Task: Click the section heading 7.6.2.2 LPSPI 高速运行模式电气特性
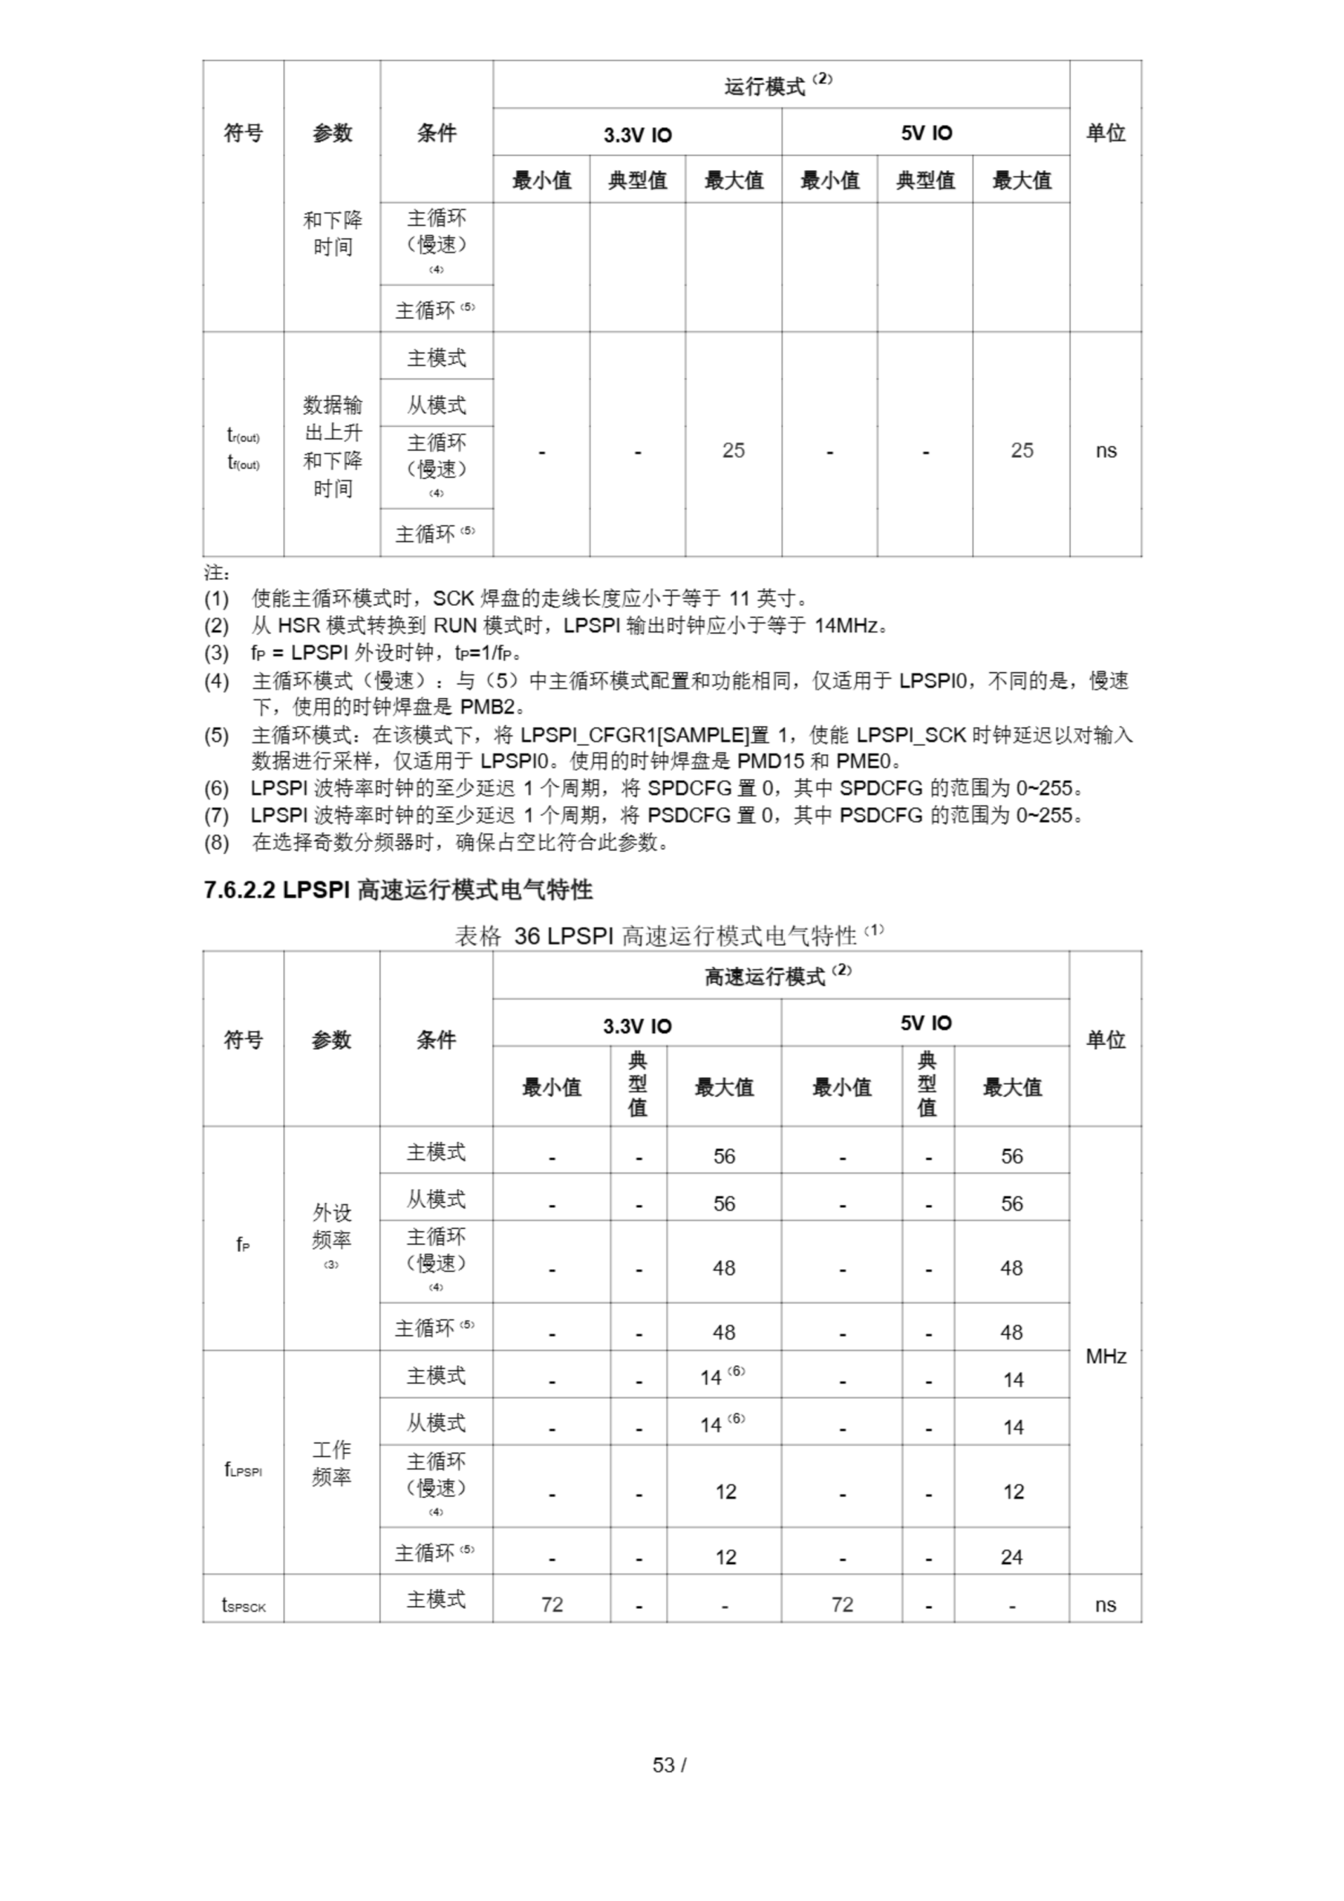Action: (x=397, y=890)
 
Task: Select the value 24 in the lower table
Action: (x=1011, y=1557)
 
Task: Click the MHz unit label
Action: (x=1106, y=1356)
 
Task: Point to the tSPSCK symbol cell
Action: (x=244, y=1605)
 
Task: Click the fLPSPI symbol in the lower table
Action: (x=244, y=1470)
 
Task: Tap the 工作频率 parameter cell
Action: (x=331, y=1463)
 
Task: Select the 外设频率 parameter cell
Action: (x=331, y=1227)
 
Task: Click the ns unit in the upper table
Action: (x=1106, y=451)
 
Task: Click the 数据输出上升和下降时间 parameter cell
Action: (x=332, y=446)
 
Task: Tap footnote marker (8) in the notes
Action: (x=216, y=843)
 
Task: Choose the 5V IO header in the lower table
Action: (x=926, y=1023)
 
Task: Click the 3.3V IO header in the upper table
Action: (x=637, y=134)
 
